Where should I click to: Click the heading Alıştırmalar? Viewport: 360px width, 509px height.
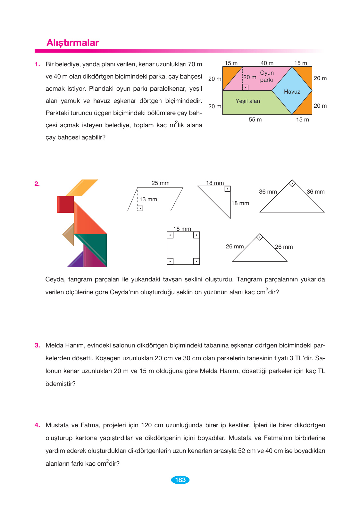(x=73, y=43)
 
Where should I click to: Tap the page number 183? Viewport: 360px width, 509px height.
(x=180, y=480)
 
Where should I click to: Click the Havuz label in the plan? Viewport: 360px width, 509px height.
(x=292, y=92)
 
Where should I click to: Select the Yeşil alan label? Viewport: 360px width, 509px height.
(x=247, y=101)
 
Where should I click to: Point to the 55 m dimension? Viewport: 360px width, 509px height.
(x=255, y=120)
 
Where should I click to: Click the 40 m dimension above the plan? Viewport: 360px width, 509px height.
(x=267, y=63)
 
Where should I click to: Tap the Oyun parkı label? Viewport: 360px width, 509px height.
(x=267, y=76)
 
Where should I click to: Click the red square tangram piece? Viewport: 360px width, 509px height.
(x=65, y=204)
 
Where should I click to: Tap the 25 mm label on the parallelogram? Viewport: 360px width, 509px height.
(x=160, y=183)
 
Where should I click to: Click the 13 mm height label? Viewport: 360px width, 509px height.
(x=148, y=199)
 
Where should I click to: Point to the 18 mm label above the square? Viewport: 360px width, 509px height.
(x=182, y=229)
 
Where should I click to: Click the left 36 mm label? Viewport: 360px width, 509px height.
(x=268, y=192)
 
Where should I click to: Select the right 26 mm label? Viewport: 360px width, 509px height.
(x=284, y=247)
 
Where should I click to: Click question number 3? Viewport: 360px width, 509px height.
(x=37, y=346)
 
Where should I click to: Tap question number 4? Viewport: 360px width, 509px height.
(x=37, y=425)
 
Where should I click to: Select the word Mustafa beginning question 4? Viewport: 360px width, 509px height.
(x=57, y=425)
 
